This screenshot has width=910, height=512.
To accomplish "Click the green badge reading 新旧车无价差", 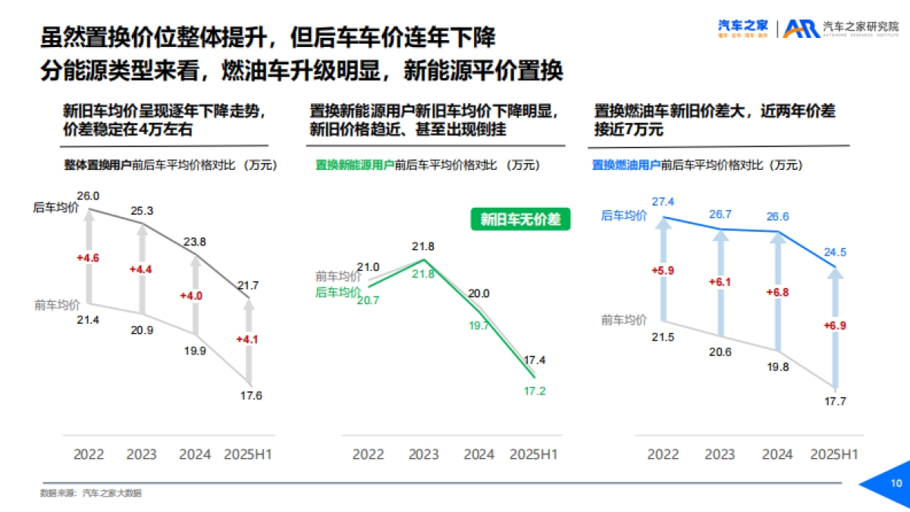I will point(520,220).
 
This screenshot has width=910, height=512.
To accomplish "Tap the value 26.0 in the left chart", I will point(88,196).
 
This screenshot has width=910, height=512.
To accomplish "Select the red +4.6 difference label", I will point(88,258).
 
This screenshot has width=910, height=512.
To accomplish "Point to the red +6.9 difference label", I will point(834,325).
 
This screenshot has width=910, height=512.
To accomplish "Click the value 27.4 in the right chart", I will point(663,201).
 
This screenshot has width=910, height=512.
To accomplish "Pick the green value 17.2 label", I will point(534,391).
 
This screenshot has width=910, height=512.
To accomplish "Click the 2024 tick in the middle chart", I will point(479,454).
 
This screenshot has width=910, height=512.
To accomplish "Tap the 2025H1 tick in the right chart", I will point(834,454).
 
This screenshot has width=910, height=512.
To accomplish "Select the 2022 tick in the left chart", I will point(89,454).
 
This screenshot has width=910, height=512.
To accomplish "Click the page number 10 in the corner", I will point(896,483).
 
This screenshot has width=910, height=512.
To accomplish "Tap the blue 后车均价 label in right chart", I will point(623,215).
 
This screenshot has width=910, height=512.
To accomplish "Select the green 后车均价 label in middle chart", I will point(337,292).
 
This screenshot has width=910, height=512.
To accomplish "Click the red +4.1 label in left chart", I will point(247,339).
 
